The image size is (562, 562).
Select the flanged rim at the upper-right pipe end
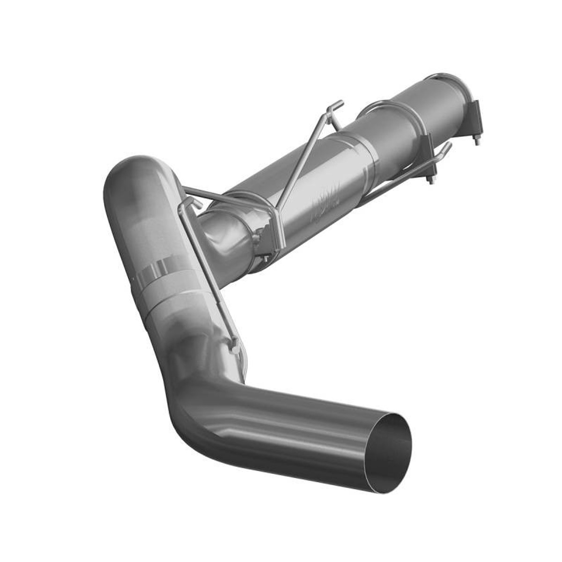click(x=450, y=84)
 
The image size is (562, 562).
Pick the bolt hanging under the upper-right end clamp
click(x=476, y=139)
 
